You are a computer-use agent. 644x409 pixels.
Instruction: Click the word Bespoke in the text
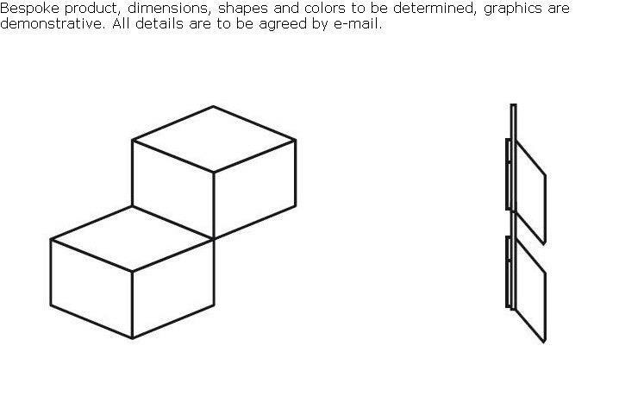(x=29, y=9)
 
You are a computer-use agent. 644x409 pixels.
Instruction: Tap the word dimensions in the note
(x=169, y=9)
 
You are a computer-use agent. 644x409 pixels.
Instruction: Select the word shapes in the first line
(x=242, y=9)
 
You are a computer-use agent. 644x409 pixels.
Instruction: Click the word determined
(x=435, y=9)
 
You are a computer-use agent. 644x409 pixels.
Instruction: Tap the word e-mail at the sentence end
(x=358, y=24)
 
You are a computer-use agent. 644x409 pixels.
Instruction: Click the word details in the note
(x=159, y=24)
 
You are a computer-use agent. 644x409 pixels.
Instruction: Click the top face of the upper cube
(x=214, y=139)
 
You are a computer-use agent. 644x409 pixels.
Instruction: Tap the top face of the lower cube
(x=132, y=238)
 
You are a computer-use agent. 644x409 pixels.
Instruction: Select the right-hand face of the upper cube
(x=254, y=189)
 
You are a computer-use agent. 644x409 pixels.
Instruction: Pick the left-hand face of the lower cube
(x=91, y=288)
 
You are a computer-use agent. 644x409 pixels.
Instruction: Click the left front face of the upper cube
(x=173, y=189)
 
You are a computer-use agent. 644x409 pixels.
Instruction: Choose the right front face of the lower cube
(x=173, y=288)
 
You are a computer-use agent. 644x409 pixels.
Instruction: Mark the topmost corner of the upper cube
(x=213, y=106)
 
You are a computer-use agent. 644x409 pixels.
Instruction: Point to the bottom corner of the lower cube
(x=132, y=338)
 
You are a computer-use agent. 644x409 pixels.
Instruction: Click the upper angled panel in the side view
(x=530, y=192)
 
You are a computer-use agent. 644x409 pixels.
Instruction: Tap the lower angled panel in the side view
(x=530, y=290)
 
